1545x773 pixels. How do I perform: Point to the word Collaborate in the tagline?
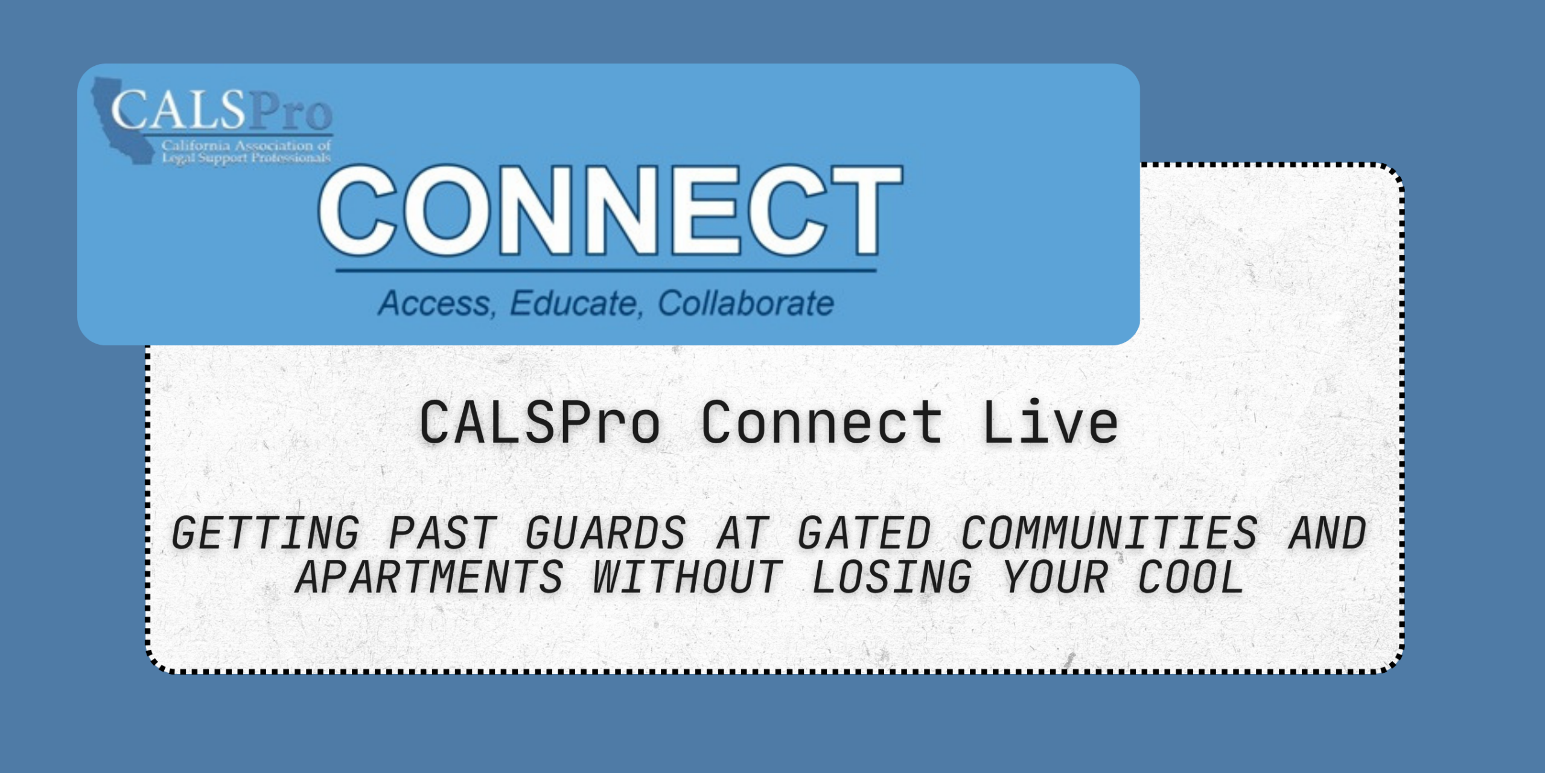click(x=746, y=303)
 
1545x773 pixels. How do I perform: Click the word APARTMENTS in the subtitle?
click(x=429, y=577)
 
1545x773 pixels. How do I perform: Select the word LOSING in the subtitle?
click(x=892, y=577)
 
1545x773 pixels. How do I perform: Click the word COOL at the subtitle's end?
click(x=1191, y=577)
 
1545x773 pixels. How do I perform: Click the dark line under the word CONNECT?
click(x=606, y=270)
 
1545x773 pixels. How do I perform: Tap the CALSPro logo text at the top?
click(x=221, y=110)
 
